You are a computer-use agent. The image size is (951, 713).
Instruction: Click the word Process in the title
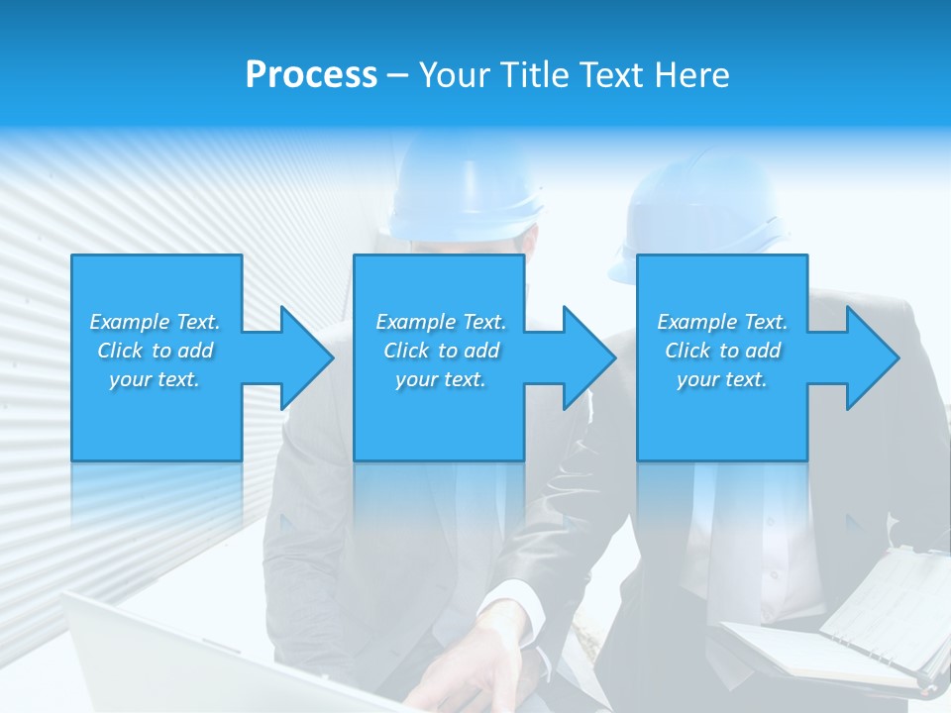(x=311, y=75)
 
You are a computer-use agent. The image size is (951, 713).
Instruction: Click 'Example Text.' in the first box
(x=155, y=322)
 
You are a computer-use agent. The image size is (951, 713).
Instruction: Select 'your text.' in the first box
(x=155, y=379)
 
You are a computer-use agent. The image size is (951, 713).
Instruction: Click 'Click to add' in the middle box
(x=441, y=351)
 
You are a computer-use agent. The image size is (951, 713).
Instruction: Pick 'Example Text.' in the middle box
(x=441, y=322)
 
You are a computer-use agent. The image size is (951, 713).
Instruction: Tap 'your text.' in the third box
(x=722, y=379)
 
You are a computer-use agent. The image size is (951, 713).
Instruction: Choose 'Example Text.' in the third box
(x=722, y=322)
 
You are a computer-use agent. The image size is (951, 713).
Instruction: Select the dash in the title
(x=398, y=75)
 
